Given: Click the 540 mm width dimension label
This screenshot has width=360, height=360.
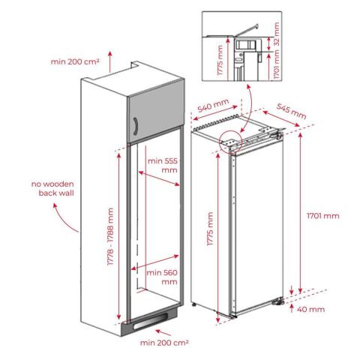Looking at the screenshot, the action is [213, 105].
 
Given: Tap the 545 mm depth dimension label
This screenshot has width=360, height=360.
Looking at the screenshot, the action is [292, 111].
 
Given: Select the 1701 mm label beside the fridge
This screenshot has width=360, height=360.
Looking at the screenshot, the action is [323, 216].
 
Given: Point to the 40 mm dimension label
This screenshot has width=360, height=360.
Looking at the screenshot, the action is [310, 310].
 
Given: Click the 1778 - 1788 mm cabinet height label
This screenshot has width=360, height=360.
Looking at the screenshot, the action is [110, 236].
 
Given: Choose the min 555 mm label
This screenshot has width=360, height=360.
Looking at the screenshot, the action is [163, 165].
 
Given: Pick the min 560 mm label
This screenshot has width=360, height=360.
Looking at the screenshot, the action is [162, 277].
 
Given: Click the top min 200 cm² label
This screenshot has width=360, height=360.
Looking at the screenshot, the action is [75, 61].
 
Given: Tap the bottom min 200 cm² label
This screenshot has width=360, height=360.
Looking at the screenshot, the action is [164, 343].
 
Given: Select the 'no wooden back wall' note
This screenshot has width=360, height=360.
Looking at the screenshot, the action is [52, 188].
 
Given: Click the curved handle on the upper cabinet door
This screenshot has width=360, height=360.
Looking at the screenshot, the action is [136, 126].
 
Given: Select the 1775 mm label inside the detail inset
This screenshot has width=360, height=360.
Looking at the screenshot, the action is [220, 60].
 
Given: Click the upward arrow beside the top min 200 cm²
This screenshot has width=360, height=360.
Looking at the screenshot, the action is [109, 61].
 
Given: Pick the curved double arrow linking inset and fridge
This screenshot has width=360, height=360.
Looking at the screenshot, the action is [250, 108].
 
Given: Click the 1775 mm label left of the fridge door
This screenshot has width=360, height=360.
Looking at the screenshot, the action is [210, 229].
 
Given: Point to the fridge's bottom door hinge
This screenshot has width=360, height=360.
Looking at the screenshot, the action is [278, 301].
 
